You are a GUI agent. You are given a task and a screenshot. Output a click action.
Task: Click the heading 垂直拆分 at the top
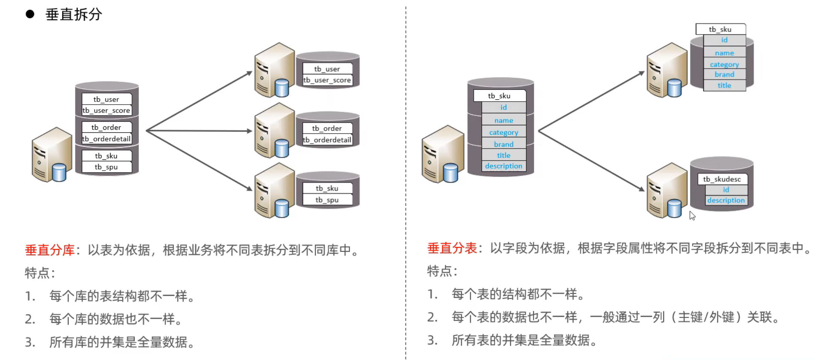coord(74,15)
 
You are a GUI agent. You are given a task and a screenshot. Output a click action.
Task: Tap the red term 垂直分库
coord(50,250)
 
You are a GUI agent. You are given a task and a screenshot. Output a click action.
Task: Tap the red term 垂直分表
coord(452,248)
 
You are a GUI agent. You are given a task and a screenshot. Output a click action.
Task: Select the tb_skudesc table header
coord(722,179)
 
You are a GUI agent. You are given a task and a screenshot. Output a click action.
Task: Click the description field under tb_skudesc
coord(726,200)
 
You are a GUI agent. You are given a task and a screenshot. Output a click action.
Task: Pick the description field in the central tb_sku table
coord(503,166)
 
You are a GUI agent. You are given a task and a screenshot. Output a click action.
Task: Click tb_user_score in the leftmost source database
coord(107,111)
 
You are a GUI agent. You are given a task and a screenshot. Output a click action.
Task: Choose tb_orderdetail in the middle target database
coord(327,140)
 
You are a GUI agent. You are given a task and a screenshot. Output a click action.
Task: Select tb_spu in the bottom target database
coord(327,200)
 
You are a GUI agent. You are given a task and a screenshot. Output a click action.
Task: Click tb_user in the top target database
coord(327,69)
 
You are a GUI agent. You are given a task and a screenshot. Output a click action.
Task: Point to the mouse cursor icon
coord(692,216)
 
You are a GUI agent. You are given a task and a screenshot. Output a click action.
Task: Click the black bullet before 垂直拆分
coord(30,14)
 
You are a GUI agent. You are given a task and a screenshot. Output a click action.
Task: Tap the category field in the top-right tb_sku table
coord(724,64)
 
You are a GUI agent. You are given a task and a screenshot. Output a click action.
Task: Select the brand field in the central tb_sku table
coord(503,144)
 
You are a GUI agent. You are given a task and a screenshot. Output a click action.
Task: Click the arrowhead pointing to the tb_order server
coord(249,131)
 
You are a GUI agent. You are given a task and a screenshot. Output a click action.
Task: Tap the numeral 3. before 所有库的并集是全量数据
coord(30,342)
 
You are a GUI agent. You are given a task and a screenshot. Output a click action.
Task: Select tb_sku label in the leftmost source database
coord(107,156)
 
